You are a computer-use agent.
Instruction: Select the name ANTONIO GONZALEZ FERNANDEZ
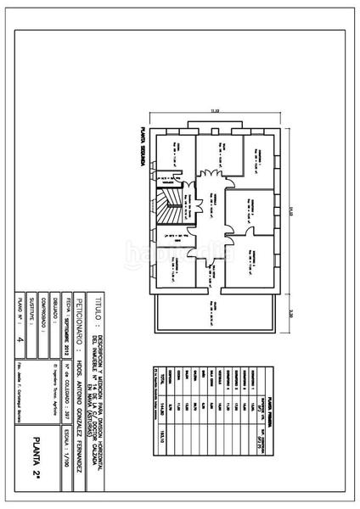coord(82,407)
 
